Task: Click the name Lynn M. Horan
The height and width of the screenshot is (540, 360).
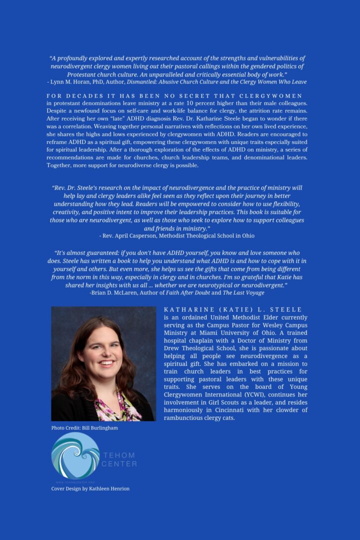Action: click(70, 81)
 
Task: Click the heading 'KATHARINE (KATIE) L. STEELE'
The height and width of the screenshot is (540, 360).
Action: click(232, 310)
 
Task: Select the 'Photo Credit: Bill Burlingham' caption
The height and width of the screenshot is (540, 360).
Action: click(84, 428)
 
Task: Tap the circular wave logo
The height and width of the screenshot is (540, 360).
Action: click(75, 455)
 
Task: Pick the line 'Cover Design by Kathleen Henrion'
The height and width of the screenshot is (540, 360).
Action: click(90, 488)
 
